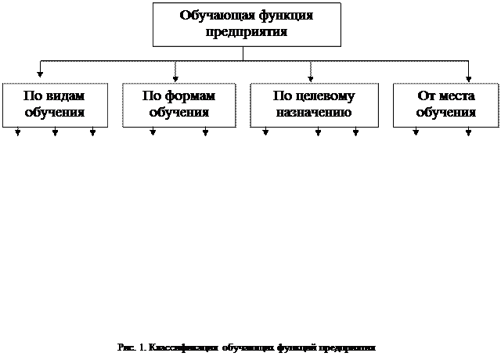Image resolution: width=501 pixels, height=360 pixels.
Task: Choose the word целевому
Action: coord(325,96)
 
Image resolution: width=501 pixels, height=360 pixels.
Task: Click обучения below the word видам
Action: coord(55,113)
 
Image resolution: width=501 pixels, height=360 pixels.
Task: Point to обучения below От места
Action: coord(446,113)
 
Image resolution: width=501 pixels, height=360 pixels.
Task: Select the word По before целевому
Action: coord(283,96)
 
